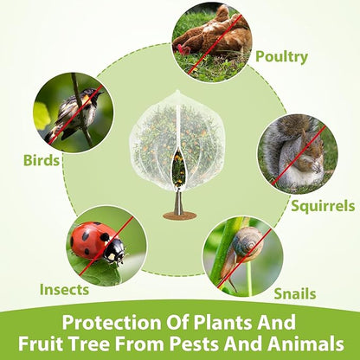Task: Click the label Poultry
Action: point(281,57)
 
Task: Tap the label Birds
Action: point(42,160)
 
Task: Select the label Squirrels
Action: point(323,206)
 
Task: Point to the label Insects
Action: point(64,290)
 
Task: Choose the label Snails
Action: point(295,294)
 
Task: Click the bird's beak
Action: point(100,93)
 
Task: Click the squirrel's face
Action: point(314,147)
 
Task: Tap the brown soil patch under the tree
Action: point(180,215)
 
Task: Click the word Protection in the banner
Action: point(112,322)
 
